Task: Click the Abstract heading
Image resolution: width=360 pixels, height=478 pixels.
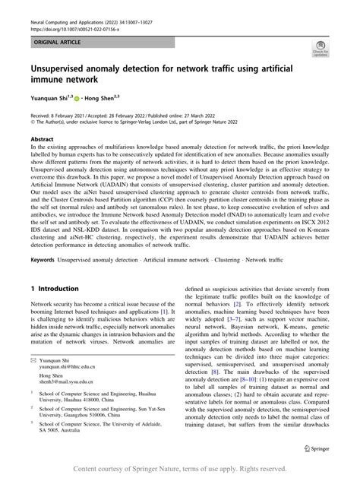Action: click(x=42, y=140)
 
